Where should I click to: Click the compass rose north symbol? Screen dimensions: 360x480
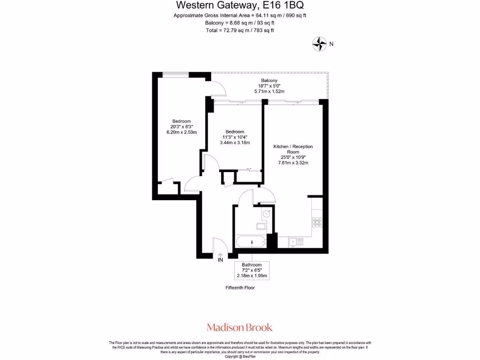(319, 44)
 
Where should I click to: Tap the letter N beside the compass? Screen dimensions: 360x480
(331, 44)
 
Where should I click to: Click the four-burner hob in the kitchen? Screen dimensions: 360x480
(317, 222)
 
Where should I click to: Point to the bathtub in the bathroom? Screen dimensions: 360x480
(251, 242)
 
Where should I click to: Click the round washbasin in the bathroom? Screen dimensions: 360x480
(266, 214)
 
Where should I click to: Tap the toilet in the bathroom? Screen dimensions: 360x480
(261, 226)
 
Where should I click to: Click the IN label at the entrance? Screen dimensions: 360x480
(220, 259)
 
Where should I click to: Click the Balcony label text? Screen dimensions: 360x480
(269, 81)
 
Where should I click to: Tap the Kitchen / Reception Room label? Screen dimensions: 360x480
(293, 149)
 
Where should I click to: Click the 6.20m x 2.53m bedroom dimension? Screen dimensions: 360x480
(181, 132)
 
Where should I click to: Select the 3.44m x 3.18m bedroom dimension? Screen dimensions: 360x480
(234, 142)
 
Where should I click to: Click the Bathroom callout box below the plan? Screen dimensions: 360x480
(252, 270)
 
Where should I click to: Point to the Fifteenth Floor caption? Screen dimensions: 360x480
(240, 288)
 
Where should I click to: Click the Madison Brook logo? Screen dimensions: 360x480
(240, 327)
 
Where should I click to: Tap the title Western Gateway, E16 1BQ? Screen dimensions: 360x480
(240, 5)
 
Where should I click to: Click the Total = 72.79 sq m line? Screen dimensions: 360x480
(240, 30)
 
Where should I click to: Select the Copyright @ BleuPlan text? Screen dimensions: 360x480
(240, 357)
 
